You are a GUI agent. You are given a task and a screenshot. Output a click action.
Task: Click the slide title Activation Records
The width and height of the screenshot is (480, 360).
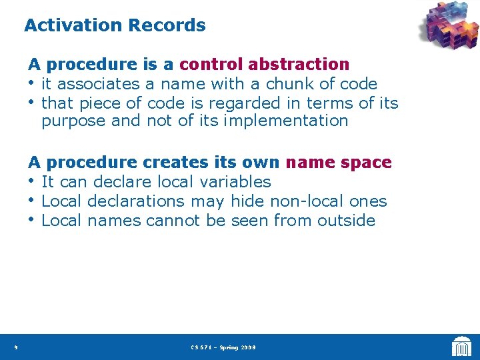click(115, 26)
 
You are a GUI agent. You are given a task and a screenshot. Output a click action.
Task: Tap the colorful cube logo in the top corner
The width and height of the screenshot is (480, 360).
click(448, 26)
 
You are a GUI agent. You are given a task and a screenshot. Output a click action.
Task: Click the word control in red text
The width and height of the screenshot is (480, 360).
click(211, 65)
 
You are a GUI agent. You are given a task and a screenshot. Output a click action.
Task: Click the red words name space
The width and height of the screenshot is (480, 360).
click(339, 163)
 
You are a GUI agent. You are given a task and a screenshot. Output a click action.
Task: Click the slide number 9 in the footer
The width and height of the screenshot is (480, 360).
click(15, 347)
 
